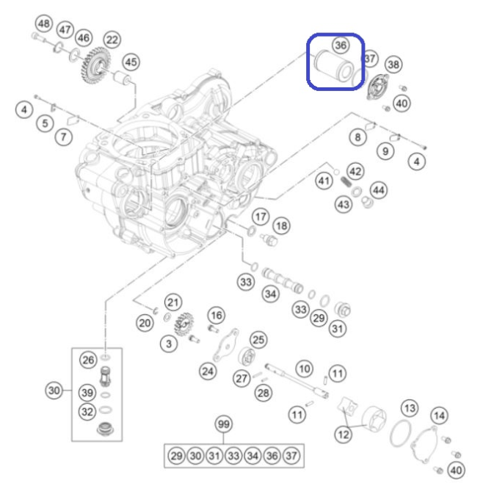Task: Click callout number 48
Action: click(44, 23)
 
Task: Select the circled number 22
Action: click(112, 40)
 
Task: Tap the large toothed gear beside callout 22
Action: click(92, 65)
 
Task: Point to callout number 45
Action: click(131, 62)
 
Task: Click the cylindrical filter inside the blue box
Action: click(333, 65)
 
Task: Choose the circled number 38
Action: click(393, 65)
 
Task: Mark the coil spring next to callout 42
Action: click(346, 181)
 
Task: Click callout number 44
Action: click(379, 190)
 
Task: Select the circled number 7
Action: click(64, 137)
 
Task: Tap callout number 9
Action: click(385, 151)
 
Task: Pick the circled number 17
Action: click(261, 217)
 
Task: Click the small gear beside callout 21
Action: click(184, 324)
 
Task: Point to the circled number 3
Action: click(169, 344)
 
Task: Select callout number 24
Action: click(208, 371)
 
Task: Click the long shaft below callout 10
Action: click(297, 381)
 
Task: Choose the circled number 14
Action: click(439, 415)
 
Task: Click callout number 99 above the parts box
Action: click(224, 424)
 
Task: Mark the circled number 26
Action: click(88, 360)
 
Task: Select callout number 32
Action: click(87, 412)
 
